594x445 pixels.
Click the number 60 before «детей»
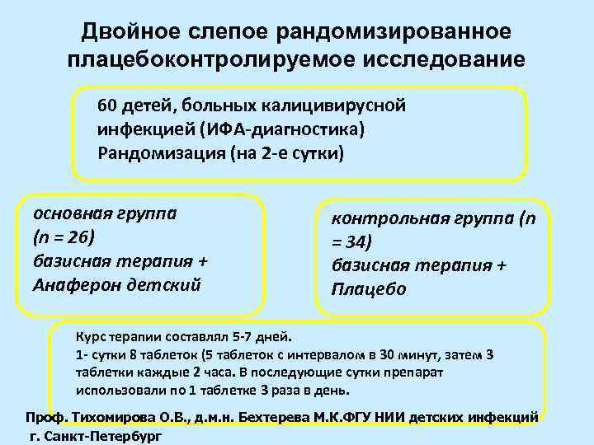pyautogui.click(x=107, y=108)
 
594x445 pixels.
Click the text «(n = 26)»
pyautogui.click(x=64, y=237)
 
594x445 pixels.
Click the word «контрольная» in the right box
pyautogui.click(x=381, y=218)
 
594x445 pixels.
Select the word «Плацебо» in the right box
pyautogui.click(x=369, y=290)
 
